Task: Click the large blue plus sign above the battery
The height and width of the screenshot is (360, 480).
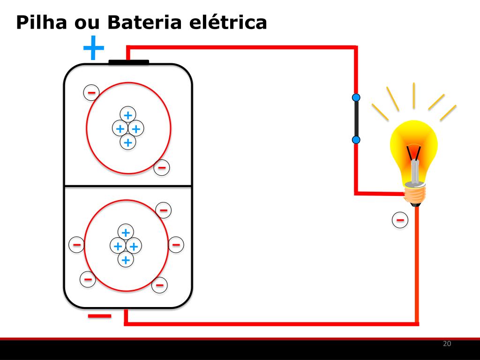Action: click(94, 48)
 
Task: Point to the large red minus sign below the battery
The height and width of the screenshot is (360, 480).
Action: click(100, 316)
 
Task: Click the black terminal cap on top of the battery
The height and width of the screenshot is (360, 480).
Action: click(128, 62)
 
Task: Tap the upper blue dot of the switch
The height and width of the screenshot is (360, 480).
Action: click(356, 97)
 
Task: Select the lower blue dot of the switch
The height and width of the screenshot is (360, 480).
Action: click(356, 140)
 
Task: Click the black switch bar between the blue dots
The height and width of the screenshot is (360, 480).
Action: click(356, 119)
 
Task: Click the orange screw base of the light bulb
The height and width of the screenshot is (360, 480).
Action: click(415, 194)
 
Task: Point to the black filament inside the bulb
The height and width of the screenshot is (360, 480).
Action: click(414, 153)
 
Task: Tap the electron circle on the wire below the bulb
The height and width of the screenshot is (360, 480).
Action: click(400, 219)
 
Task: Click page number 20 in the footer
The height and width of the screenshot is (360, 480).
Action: click(447, 344)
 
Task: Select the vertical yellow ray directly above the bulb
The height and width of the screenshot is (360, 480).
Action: click(414, 95)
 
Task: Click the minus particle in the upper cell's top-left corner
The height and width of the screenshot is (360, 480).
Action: click(91, 92)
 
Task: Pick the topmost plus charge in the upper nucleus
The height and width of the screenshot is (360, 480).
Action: click(127, 114)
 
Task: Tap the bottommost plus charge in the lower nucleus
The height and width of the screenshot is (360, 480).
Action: click(125, 259)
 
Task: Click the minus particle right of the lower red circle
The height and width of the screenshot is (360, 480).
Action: click(176, 244)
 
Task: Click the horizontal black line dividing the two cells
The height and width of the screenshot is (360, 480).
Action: click(128, 186)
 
